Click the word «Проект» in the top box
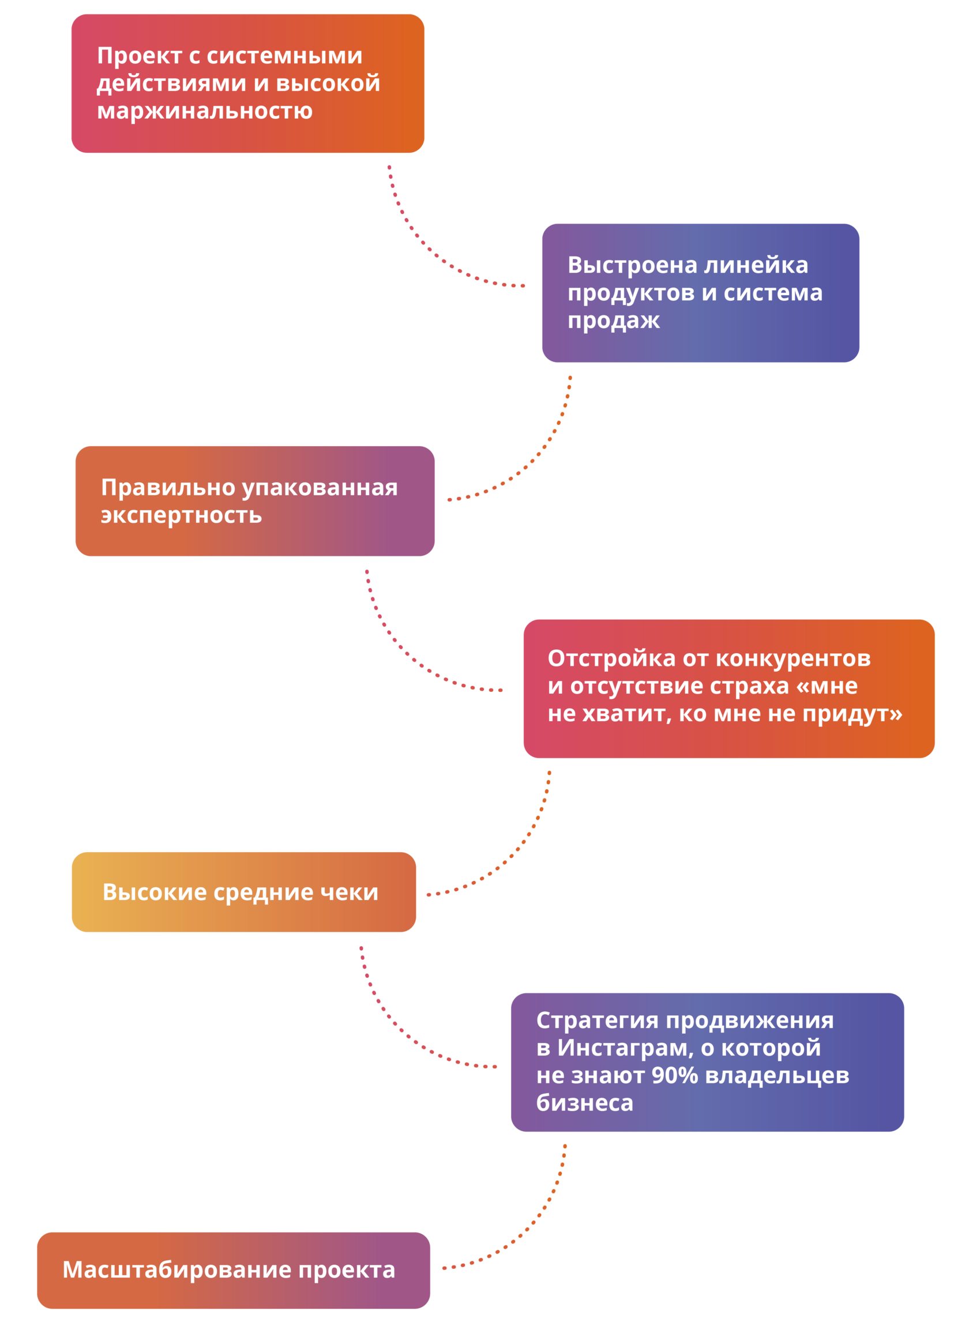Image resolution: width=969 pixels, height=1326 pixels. point(139,56)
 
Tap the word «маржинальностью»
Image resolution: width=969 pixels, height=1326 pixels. point(205,111)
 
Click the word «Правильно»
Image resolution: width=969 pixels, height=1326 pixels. point(168,488)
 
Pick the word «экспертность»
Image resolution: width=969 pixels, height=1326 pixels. point(181,515)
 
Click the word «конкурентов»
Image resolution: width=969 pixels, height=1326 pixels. point(793,658)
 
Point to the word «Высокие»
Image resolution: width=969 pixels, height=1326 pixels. point(154,892)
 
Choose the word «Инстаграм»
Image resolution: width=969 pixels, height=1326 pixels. point(625,1048)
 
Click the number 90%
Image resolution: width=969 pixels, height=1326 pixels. point(674,1076)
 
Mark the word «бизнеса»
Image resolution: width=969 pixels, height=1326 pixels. point(584,1103)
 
